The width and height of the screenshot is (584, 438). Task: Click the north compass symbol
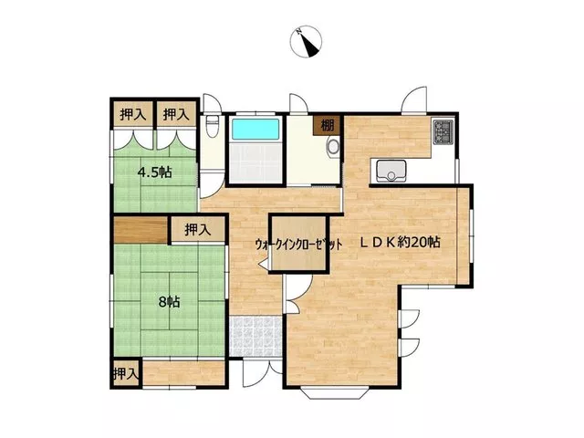click(306, 41)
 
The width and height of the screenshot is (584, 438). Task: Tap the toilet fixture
click(213, 126)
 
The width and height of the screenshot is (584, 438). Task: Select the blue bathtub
click(255, 130)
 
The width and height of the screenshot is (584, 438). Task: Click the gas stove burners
click(443, 131)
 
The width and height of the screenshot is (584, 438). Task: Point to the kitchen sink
click(391, 171)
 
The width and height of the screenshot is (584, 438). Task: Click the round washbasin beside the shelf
click(333, 146)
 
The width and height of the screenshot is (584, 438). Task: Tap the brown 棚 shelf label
click(327, 125)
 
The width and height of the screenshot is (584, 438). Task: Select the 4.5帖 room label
click(154, 172)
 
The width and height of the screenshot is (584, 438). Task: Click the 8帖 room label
click(169, 302)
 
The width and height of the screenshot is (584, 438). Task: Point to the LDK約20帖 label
click(400, 243)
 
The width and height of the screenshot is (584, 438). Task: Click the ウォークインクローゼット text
click(298, 245)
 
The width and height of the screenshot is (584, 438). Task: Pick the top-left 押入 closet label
click(133, 114)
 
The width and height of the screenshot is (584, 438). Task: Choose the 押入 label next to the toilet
click(176, 114)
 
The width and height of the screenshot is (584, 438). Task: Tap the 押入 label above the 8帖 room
click(198, 230)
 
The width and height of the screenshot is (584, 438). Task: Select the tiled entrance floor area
click(255, 337)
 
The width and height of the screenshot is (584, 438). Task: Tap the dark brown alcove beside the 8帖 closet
click(141, 231)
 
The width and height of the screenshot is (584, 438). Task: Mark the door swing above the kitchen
click(414, 99)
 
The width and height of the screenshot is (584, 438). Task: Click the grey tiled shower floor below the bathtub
click(255, 162)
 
